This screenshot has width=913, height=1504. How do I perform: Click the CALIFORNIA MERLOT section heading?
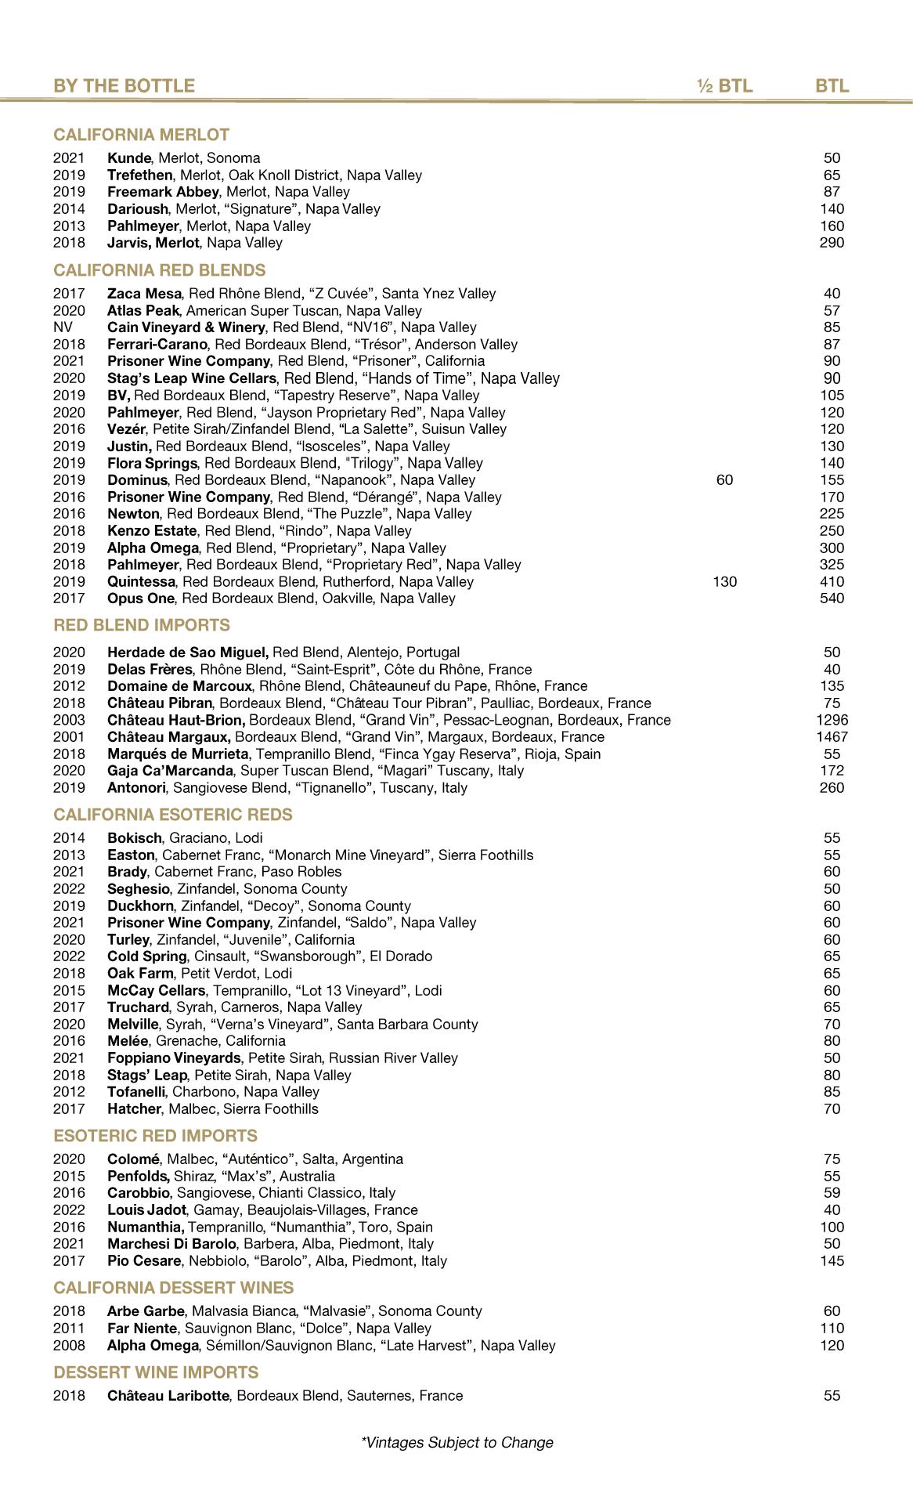[x=141, y=135]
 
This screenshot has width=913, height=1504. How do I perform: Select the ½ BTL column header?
[x=724, y=85]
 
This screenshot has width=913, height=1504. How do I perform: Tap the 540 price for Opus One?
[x=832, y=598]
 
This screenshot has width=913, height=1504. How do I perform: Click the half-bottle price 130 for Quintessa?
[x=725, y=581]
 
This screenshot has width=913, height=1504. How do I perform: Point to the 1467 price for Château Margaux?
[x=832, y=737]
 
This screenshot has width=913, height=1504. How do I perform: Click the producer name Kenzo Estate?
[x=152, y=531]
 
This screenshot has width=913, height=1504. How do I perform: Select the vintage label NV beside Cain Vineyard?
[x=63, y=327]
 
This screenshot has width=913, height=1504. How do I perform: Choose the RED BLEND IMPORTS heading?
[x=142, y=625]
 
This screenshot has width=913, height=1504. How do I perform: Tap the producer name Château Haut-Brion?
[x=176, y=720]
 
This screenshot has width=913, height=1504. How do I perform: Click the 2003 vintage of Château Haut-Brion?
[x=69, y=720]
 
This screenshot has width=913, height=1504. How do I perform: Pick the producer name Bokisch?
[x=135, y=838]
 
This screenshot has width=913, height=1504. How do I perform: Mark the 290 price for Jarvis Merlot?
[x=832, y=243]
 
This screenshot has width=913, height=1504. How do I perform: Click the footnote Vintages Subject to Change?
[x=457, y=1442]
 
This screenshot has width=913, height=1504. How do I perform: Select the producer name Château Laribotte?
[x=168, y=1395]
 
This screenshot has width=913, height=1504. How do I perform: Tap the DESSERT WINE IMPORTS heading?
[x=156, y=1372]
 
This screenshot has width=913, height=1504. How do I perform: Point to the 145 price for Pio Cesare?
[x=832, y=1260]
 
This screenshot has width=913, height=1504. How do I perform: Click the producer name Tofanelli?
[x=136, y=1092]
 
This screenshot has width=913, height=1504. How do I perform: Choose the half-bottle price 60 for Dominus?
[x=724, y=480]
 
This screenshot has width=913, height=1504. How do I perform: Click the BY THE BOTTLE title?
[x=124, y=85]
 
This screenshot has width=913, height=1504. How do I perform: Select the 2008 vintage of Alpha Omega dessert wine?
[x=69, y=1345]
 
